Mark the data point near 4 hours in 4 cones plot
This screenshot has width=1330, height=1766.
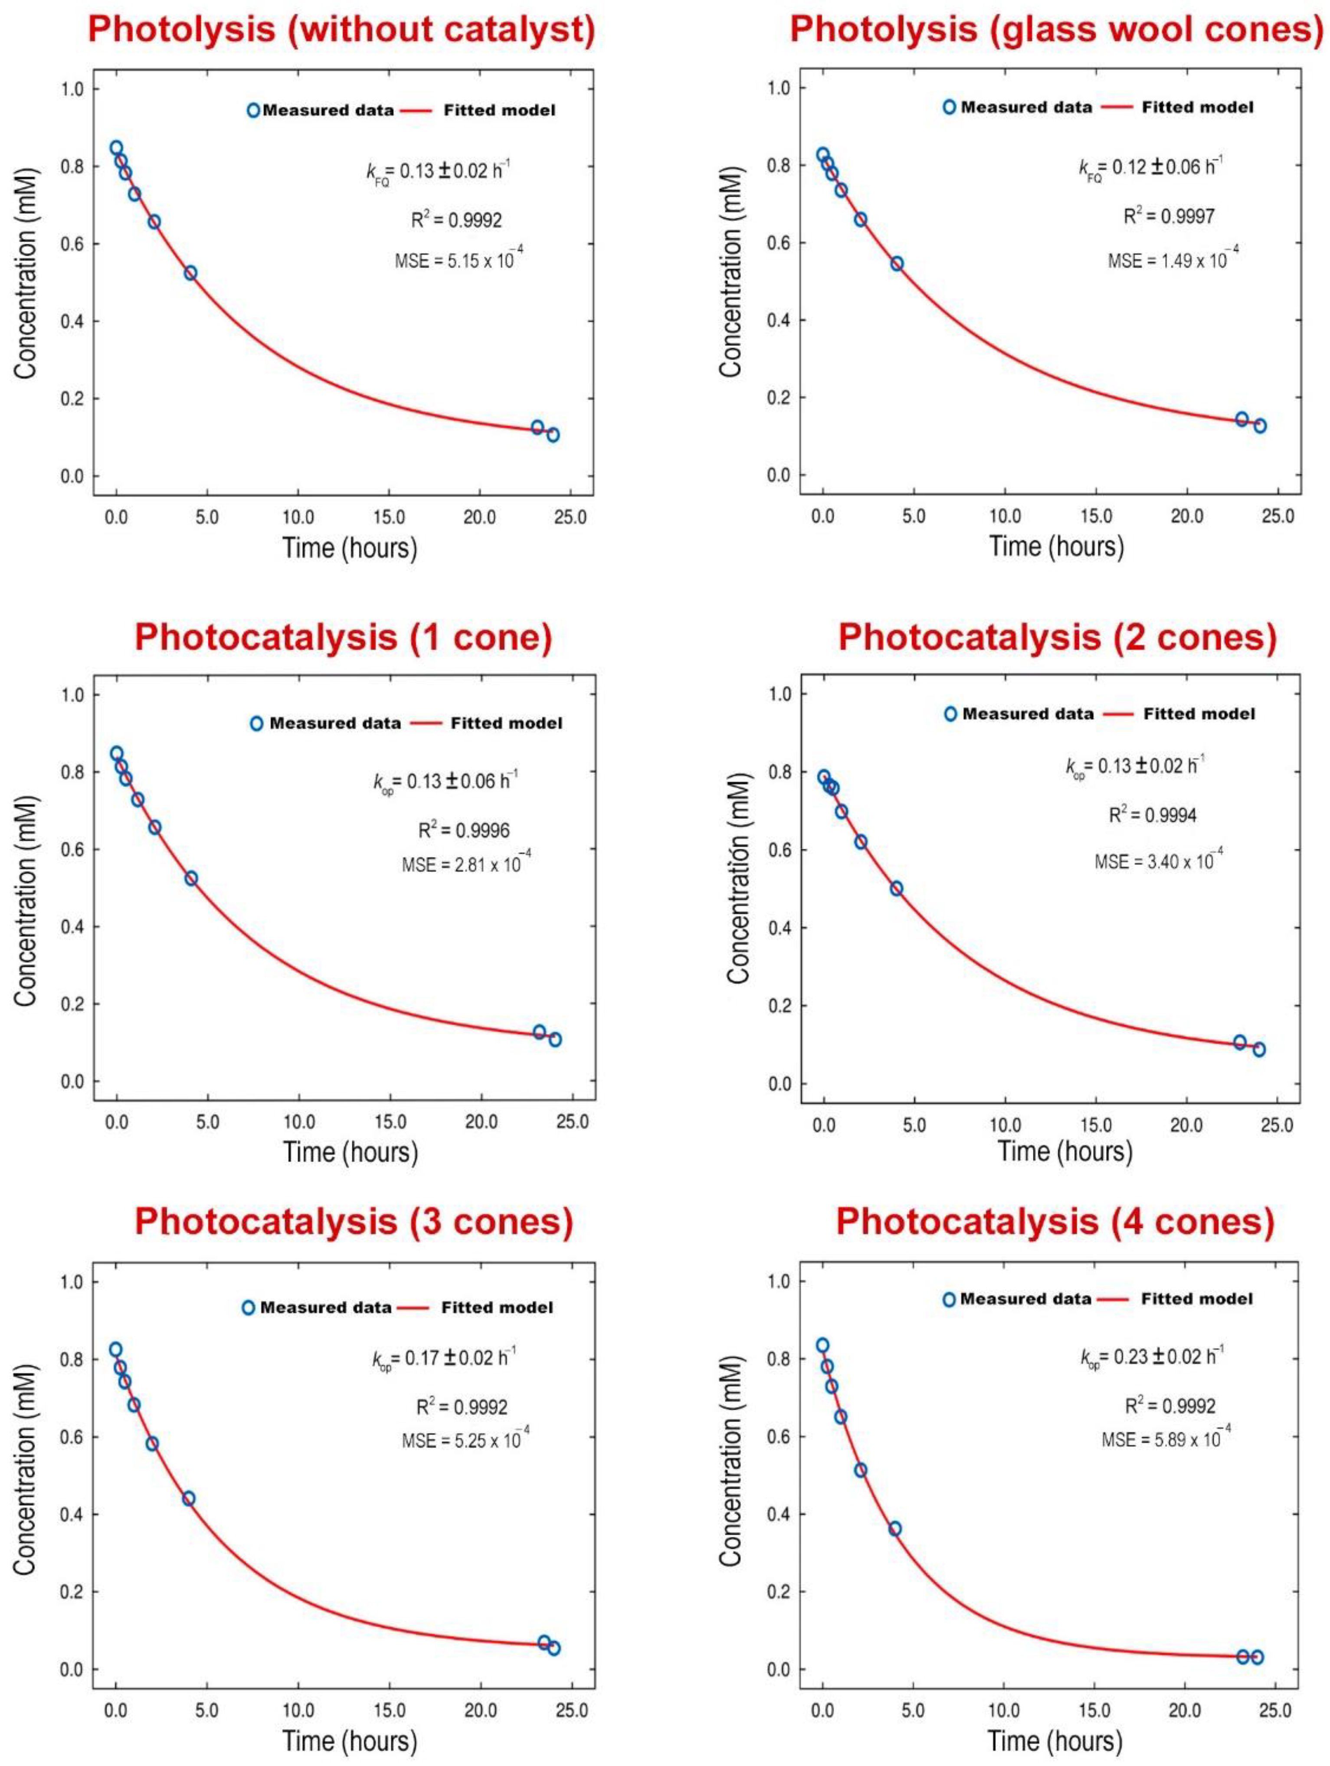point(895,1528)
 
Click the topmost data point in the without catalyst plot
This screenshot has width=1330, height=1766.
point(117,148)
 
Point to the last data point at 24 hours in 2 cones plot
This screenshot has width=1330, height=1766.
point(1259,1049)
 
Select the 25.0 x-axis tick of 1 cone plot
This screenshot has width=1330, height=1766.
point(572,1122)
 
